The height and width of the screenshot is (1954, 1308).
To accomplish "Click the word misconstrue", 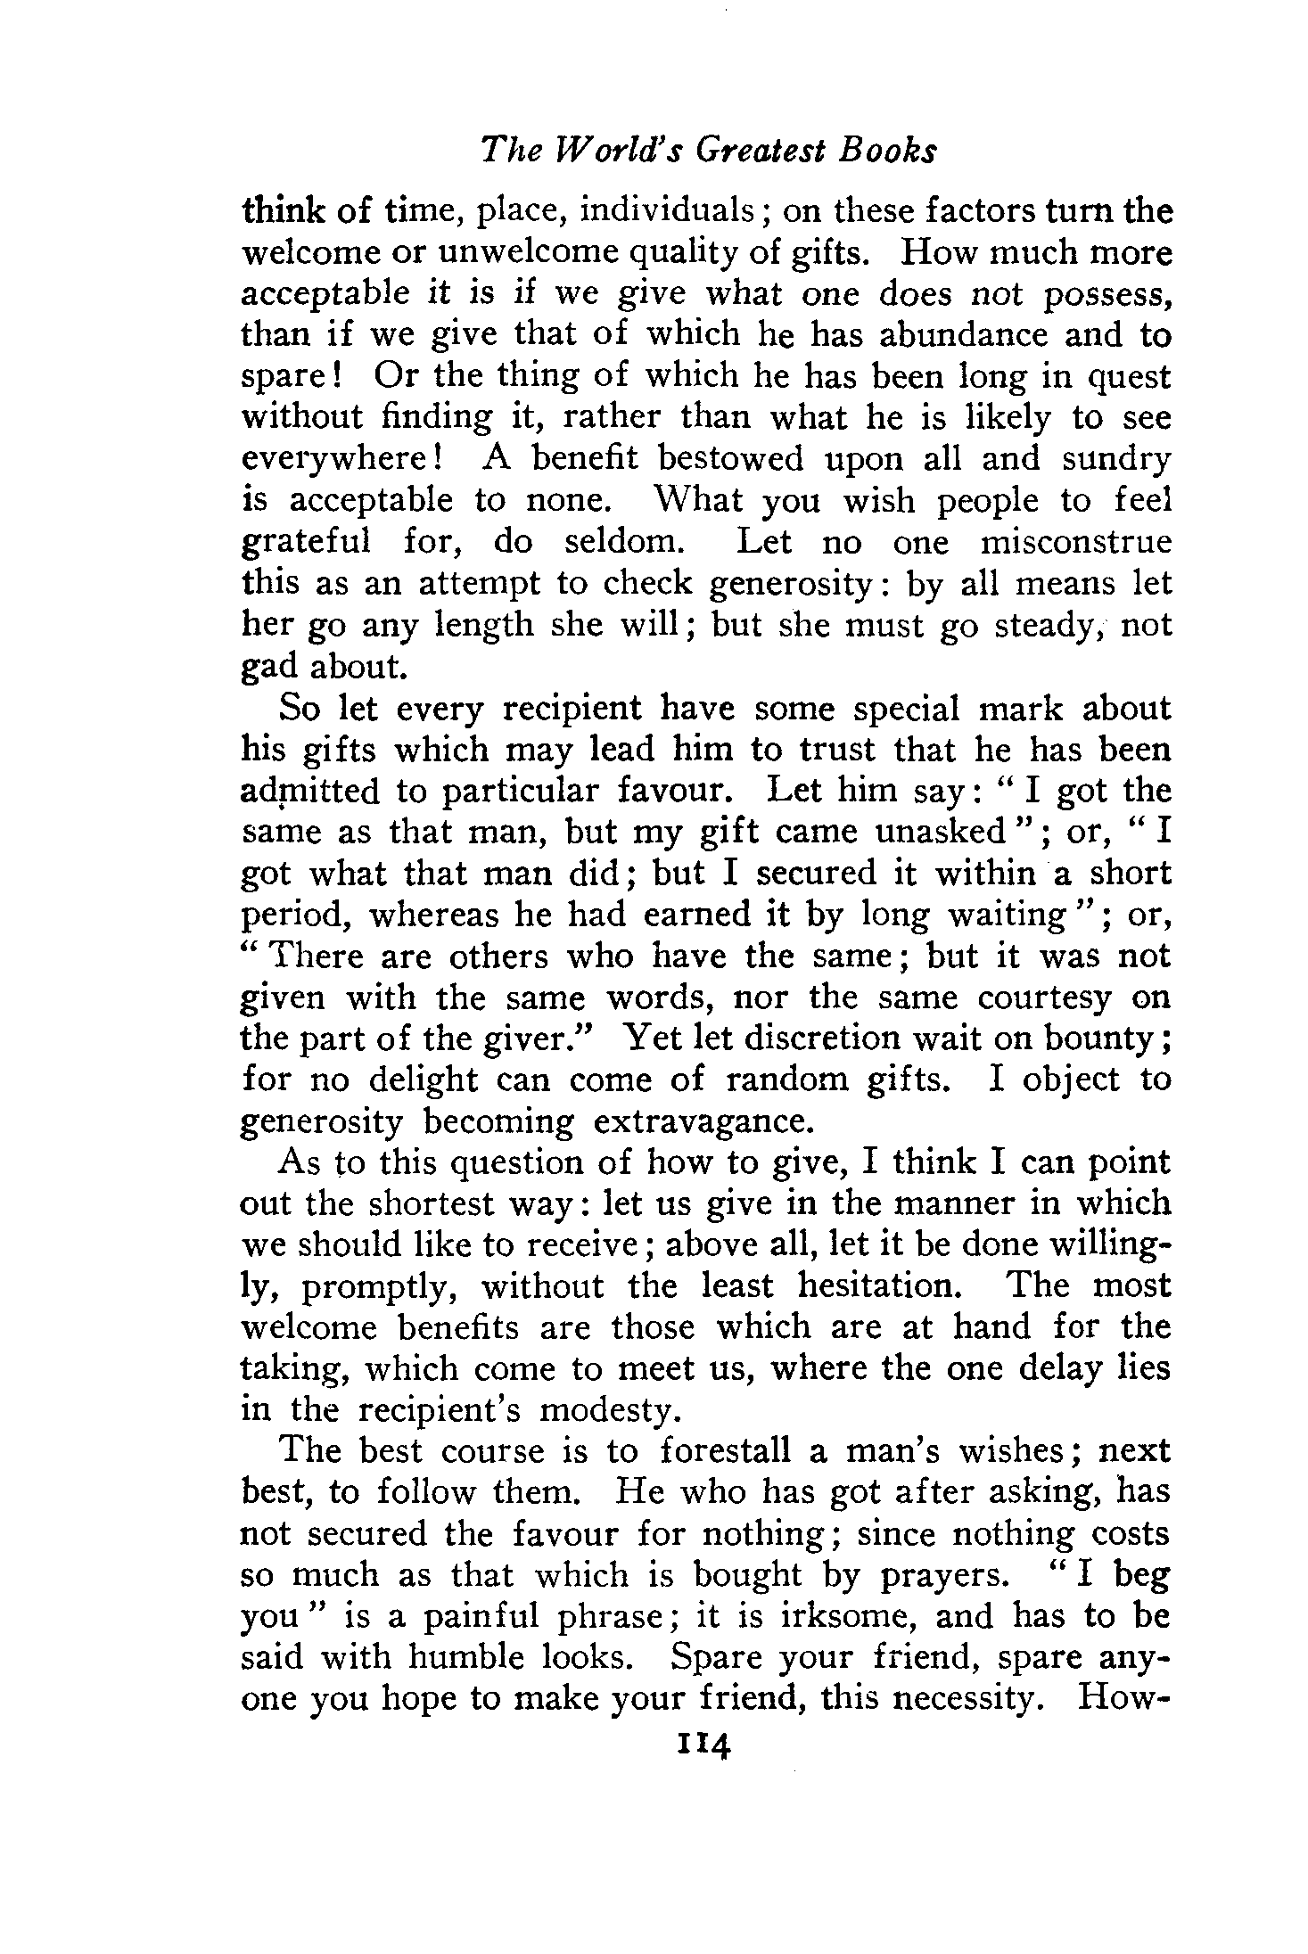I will click(x=1074, y=542).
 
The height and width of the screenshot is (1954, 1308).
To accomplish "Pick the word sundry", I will click(x=1116, y=459).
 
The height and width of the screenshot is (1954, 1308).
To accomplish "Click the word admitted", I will click(x=310, y=792).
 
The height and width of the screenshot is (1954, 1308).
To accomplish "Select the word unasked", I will click(x=941, y=832).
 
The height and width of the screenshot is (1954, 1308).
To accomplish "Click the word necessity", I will click(x=969, y=1699).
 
